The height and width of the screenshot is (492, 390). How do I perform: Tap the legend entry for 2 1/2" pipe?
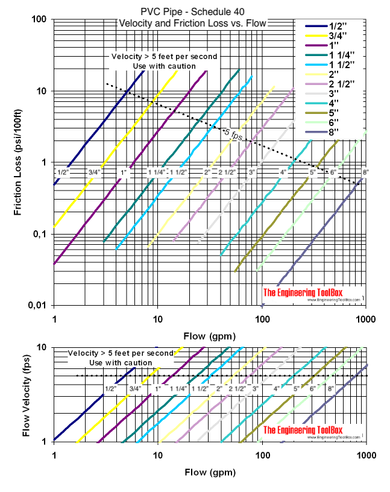click(344, 84)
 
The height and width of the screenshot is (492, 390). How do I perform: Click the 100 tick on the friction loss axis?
click(39, 19)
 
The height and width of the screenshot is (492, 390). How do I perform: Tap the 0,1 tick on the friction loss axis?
click(39, 234)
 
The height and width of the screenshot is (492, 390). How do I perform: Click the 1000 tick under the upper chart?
click(364, 317)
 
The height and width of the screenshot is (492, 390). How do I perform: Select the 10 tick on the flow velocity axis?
click(43, 348)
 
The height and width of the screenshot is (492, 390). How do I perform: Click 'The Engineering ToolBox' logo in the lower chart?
click(312, 429)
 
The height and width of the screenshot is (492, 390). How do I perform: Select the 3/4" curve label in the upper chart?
click(94, 172)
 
